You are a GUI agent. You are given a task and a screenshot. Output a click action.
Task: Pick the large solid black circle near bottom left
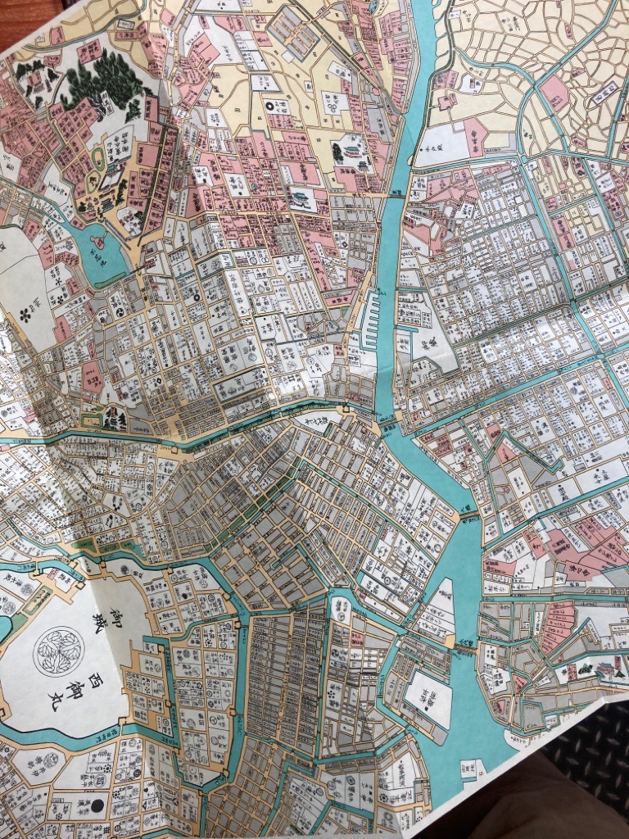coord(97,803)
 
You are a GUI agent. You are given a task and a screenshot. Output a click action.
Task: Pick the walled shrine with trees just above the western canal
coord(112,419)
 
